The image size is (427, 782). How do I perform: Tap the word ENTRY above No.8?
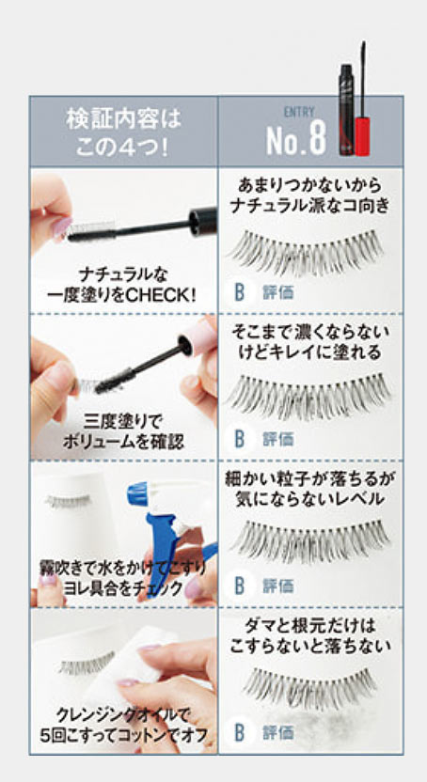coord(299,112)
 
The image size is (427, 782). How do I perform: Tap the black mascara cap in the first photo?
coord(203,218)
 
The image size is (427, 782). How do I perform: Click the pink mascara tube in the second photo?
coord(198,339)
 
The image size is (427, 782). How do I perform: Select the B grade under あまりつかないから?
coord(240,292)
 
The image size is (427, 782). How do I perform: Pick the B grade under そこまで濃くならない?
coord(240,439)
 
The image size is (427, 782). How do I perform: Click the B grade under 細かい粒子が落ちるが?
coord(240,586)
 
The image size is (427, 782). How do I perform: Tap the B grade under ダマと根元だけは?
coord(240,732)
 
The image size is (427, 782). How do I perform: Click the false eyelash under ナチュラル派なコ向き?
coord(306,251)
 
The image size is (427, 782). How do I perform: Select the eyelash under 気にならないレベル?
coord(310,540)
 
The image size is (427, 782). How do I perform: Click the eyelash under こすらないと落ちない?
coord(309,687)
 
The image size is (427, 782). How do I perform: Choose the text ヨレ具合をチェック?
coord(123,588)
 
